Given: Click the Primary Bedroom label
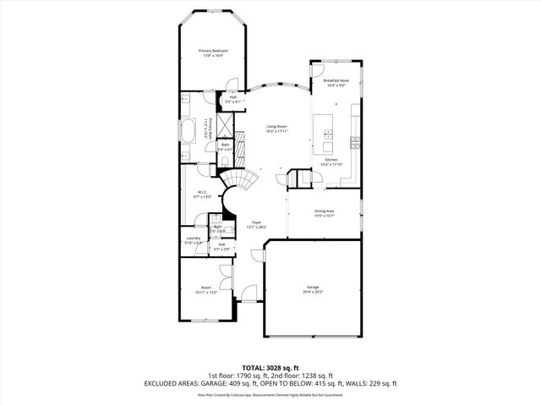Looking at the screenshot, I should (213, 52).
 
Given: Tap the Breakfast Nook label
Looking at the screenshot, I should (336, 82).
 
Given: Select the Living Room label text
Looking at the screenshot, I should (277, 129).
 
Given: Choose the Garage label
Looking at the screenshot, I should (313, 289).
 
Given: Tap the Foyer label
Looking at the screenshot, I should (256, 224).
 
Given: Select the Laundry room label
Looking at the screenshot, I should (193, 240).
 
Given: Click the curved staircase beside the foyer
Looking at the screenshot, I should (240, 181).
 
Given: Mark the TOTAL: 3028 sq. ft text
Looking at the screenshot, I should (270, 367).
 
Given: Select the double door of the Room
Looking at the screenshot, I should (225, 275).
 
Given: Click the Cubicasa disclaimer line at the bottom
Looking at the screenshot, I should (270, 394).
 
